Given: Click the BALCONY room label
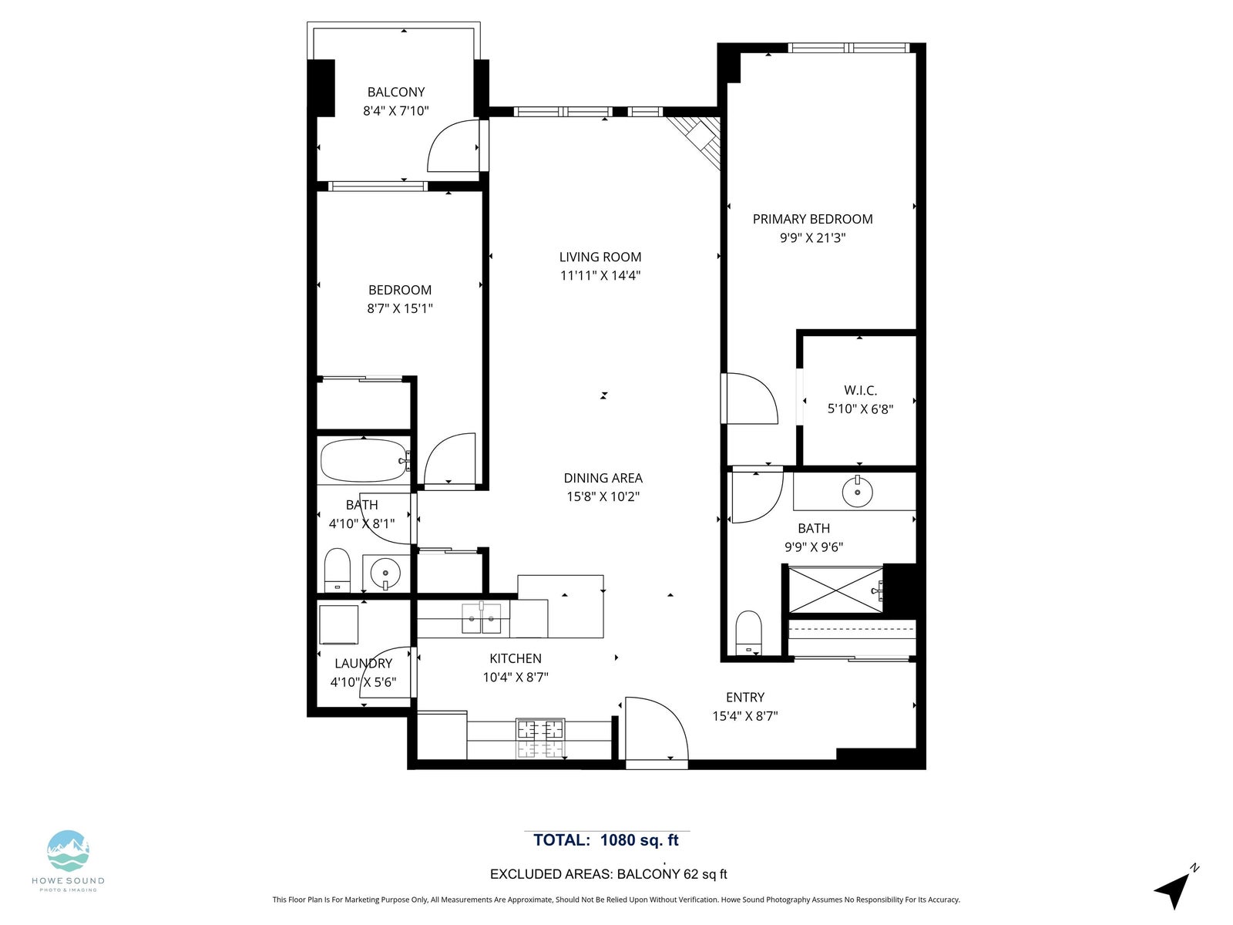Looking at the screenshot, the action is coord(395,92).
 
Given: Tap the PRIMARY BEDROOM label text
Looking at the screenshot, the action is coord(812,219).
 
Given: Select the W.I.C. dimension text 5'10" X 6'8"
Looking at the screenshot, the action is coord(860,409).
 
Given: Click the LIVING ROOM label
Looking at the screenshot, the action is coord(600,257).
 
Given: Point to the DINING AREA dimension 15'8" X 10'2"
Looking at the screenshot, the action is coord(603,496).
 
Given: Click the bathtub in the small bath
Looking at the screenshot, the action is coord(365,460).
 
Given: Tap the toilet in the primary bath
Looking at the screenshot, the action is coord(748,632).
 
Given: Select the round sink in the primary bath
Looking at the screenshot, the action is coord(857,492).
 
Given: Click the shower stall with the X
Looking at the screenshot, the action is coord(836,590).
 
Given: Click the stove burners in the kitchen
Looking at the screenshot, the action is coord(540,738).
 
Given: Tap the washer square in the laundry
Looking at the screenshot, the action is coord(339,624).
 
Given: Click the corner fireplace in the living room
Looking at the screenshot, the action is coord(694,141).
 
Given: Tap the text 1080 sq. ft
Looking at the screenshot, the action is coord(640,840).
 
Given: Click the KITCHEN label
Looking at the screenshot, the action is coord(515,659).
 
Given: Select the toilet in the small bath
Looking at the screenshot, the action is coord(337,570).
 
